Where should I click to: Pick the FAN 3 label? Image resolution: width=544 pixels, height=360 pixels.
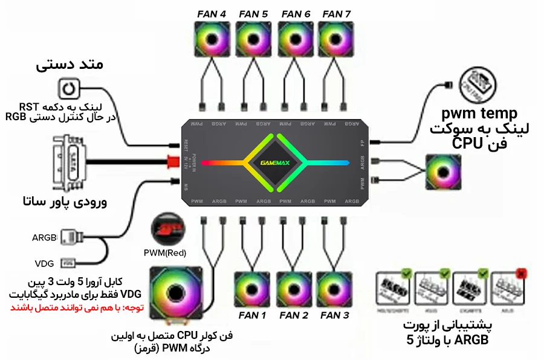[334, 315]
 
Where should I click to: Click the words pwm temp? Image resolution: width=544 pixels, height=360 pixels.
[471, 114]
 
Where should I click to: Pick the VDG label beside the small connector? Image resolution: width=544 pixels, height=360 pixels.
[45, 263]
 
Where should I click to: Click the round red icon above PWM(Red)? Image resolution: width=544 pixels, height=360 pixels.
[169, 228]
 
